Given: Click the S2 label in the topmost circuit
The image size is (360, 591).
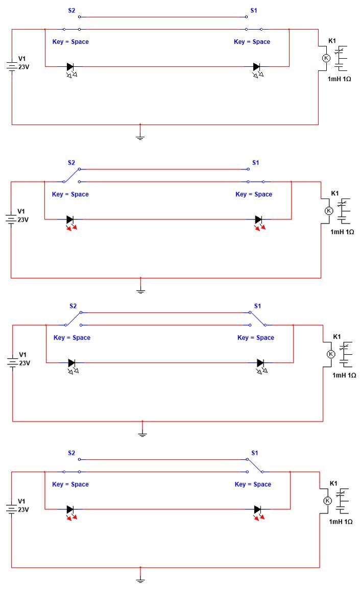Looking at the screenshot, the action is click(x=71, y=11).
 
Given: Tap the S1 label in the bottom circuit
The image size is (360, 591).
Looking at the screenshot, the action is click(x=255, y=453).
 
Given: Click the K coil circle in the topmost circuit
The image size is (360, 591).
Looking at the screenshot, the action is click(x=326, y=58).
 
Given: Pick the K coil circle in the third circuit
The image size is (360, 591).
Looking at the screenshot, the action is click(x=331, y=354).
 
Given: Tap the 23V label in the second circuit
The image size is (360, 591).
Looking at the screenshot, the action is click(x=23, y=220).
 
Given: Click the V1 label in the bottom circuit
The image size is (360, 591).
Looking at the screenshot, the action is click(x=22, y=501).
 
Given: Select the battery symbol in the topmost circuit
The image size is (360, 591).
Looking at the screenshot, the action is click(x=12, y=66).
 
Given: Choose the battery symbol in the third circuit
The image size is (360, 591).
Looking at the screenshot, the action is click(x=12, y=362).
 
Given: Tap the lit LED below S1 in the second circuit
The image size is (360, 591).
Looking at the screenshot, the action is click(x=260, y=223).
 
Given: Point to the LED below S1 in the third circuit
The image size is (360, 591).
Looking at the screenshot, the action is click(x=261, y=366).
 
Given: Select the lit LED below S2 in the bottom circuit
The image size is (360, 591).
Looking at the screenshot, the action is click(x=71, y=512).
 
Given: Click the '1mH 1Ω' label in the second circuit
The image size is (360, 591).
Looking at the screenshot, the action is click(x=342, y=232).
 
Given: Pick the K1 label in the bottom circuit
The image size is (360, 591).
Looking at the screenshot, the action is click(x=333, y=483).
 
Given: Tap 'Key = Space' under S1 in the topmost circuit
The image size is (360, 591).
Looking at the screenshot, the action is click(x=252, y=42).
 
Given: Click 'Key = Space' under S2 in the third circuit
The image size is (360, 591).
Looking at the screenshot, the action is click(x=72, y=338).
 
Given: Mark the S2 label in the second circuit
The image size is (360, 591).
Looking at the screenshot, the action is click(x=71, y=163).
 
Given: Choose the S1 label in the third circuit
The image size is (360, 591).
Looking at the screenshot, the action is click(x=257, y=306).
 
